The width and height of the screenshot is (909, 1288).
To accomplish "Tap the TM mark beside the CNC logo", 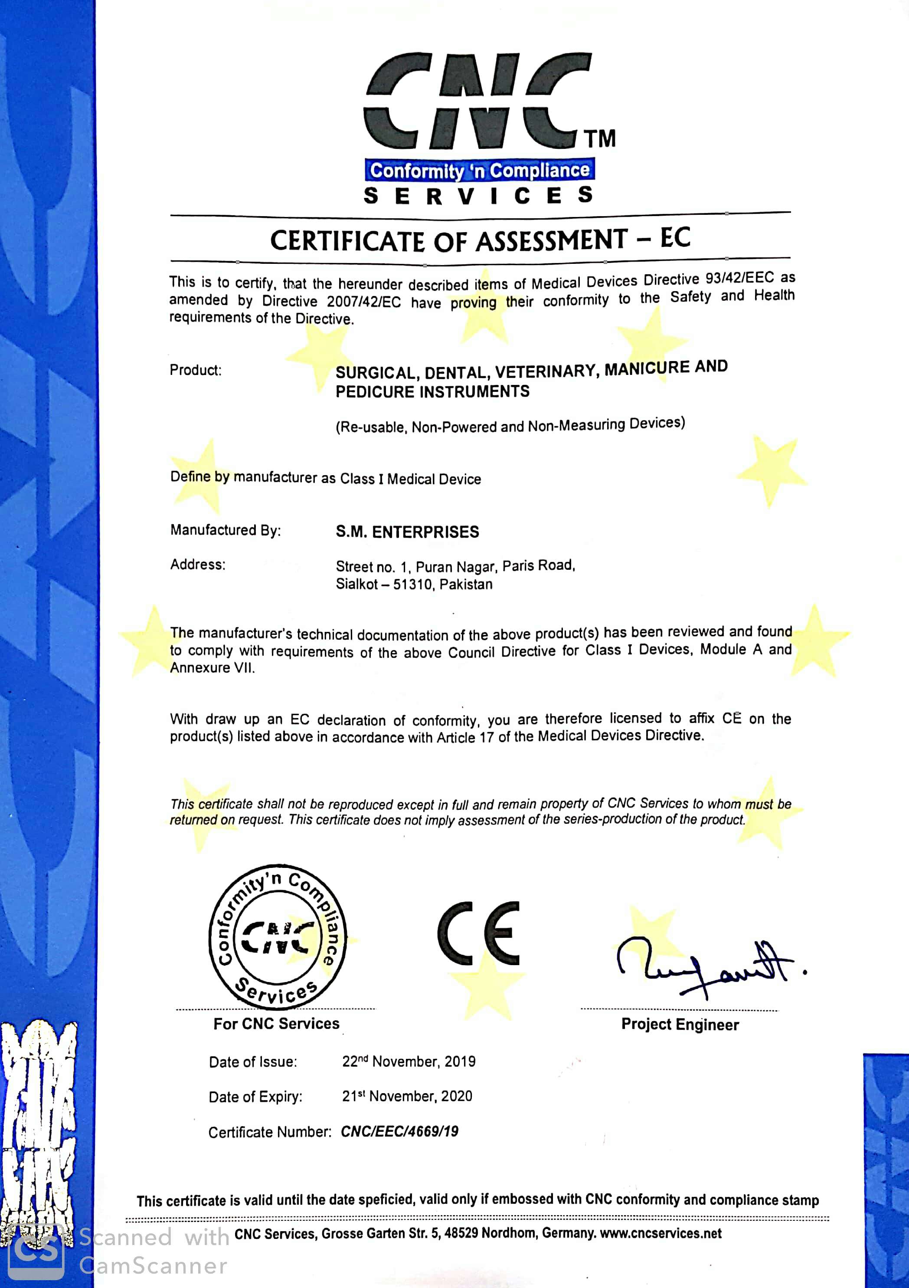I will (x=600, y=138).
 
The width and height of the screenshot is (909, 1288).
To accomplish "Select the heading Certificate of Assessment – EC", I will (x=480, y=240).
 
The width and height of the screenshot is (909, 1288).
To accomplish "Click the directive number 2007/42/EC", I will (x=364, y=302).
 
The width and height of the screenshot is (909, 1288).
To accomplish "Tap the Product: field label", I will (x=196, y=370).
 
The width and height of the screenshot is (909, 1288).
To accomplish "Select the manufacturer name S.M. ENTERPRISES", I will (x=407, y=532).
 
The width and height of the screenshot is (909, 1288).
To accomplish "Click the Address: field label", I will (x=198, y=564).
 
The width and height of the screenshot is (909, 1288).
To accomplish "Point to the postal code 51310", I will (x=412, y=585).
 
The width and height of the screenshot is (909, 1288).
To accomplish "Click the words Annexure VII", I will (x=212, y=668).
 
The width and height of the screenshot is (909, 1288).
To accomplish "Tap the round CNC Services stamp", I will (x=277, y=937).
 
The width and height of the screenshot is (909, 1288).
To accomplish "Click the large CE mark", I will (x=479, y=933).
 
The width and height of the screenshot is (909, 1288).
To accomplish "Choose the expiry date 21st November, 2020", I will (x=407, y=1096).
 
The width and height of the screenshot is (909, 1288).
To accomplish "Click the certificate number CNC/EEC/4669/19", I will (x=399, y=1131).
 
